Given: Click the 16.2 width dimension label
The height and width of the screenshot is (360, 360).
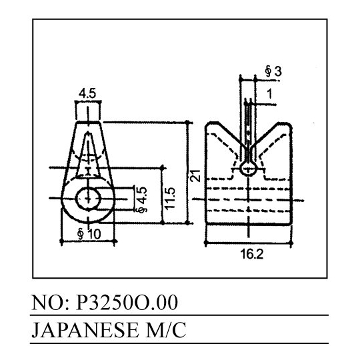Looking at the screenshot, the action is coord(251,254).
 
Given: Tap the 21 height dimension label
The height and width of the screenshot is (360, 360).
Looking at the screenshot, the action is coord(195,175).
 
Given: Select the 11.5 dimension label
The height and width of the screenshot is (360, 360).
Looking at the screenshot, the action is coord(171,199).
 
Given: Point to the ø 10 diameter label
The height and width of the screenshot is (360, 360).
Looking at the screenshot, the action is coord(89,234).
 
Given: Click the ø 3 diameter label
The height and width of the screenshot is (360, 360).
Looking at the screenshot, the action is coord(273,71).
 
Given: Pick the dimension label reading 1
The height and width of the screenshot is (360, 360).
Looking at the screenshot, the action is coord(270,94).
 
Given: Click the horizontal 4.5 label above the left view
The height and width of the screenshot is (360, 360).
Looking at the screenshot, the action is coord(87,94).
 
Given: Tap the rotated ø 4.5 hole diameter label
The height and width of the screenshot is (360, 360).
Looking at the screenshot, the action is coord(141,199).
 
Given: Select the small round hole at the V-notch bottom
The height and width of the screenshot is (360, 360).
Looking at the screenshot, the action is coord(248,169).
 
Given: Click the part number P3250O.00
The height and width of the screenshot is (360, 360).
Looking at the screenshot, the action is coord(127,302).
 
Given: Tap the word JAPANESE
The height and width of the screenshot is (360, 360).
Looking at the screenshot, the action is coord(85,330).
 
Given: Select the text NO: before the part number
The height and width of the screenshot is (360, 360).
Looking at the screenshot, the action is coord(50,302).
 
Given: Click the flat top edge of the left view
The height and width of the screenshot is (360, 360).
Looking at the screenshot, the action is coord(88,122).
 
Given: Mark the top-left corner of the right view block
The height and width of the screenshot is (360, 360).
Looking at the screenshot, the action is coord(205,123).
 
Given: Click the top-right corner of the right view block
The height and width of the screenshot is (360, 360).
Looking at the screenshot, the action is coord(291,124).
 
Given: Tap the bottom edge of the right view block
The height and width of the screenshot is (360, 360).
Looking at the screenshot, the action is coord(249,223).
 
